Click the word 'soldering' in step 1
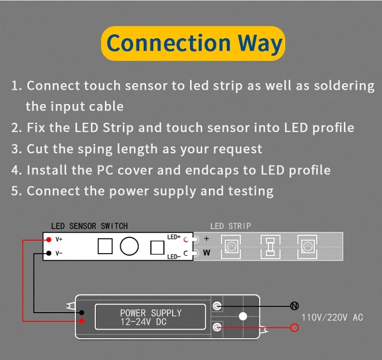coord(344,86)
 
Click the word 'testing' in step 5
coord(249,191)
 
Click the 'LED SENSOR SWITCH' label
coord(89,226)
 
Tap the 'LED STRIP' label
coord(230,226)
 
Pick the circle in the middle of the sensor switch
coord(129,246)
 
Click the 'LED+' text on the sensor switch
coord(174,237)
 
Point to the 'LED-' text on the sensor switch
coord(174,256)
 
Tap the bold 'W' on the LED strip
coord(206,253)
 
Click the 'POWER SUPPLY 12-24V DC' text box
coord(150,317)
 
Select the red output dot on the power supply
coord(82,321)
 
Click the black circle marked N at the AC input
coord(294,306)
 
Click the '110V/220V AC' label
coord(332,317)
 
